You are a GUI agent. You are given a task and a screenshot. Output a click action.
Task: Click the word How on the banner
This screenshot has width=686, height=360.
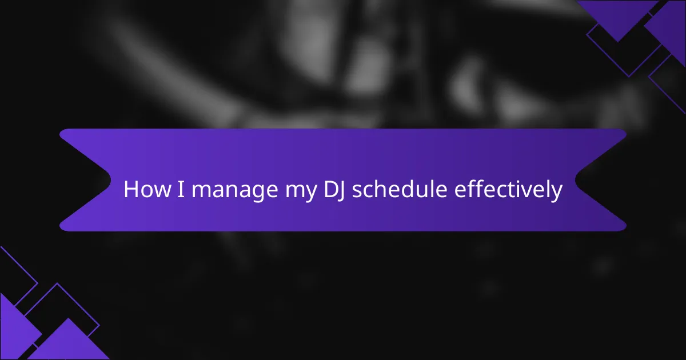click(x=147, y=189)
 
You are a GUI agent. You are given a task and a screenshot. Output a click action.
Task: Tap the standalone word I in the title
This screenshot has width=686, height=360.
click(x=181, y=189)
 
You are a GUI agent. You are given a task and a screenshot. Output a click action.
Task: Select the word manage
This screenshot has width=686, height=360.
click(x=235, y=191)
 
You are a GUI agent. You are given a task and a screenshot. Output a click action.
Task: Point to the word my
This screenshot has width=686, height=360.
click(x=301, y=191)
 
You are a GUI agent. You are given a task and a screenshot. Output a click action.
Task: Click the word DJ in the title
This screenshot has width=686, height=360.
click(x=334, y=190)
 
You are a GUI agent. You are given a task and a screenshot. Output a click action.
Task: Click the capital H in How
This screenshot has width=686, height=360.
click(x=131, y=189)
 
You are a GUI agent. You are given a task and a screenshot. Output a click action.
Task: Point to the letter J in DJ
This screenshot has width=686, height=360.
click(x=341, y=191)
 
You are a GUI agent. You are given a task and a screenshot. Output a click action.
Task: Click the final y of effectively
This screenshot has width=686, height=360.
click(x=556, y=194)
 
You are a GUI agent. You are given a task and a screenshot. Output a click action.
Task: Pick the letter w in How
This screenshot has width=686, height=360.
click(x=162, y=191)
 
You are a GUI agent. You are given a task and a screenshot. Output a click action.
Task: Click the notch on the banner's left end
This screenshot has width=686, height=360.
click(x=110, y=181)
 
